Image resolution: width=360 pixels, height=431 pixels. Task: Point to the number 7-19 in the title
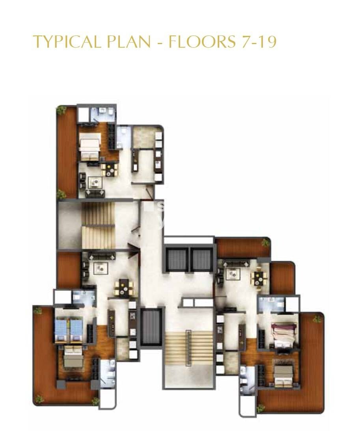coord(258,41)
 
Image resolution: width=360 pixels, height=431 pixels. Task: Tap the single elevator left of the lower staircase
coord(152,327)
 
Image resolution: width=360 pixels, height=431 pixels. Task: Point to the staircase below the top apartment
coord(98,225)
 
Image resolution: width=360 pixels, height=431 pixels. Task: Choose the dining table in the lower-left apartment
coord(124,288)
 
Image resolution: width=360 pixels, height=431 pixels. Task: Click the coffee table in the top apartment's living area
coord(95,182)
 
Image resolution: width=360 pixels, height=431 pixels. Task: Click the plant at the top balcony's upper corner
coord(62,110)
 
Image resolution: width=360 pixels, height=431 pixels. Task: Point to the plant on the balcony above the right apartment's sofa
coord(265,243)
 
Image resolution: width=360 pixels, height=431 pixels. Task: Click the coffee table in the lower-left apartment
coord(100,269)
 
